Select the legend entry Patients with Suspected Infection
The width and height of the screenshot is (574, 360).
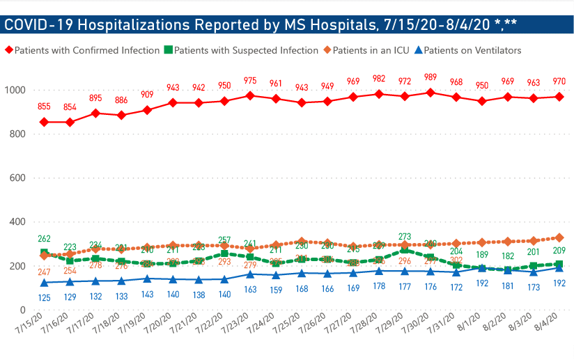240,51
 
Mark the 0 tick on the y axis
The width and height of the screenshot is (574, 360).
23,311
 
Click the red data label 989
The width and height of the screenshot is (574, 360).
430,77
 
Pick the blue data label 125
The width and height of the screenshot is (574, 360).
44,298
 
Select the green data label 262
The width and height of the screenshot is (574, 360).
44,237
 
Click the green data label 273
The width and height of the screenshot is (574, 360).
405,237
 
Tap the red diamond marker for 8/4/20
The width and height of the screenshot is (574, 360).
559,96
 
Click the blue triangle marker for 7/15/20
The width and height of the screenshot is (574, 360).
44,283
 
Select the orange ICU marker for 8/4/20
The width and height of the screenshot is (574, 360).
559,237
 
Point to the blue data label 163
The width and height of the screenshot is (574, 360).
250,290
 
